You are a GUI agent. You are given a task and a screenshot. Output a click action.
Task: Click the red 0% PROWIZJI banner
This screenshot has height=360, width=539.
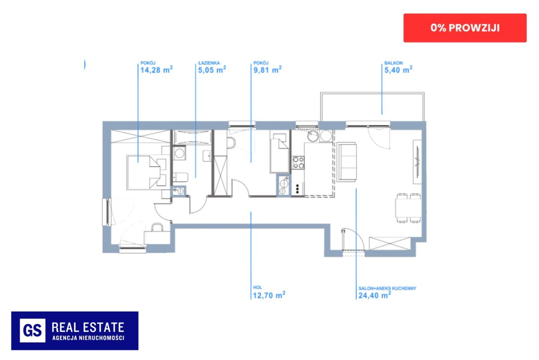[x=465, y=28]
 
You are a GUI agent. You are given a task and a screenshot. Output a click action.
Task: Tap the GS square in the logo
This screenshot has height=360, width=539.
[x=32, y=330]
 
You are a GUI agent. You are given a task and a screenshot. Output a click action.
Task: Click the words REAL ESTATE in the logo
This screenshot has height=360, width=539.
[x=88, y=328]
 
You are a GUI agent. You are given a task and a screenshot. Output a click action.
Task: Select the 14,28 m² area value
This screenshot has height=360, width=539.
[x=157, y=70]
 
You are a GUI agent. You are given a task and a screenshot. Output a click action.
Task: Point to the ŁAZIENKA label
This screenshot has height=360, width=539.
[x=209, y=63]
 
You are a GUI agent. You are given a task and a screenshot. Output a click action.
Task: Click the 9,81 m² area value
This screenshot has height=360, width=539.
[x=268, y=70]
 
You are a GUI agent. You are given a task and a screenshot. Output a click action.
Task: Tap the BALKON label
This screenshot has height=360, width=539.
[x=393, y=63]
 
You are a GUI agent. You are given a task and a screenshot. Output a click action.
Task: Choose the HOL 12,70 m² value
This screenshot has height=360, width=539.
[x=269, y=295]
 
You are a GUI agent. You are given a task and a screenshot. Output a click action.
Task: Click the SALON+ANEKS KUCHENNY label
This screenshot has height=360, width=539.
[x=387, y=288]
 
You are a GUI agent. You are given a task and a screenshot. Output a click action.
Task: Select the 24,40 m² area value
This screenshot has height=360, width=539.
[x=375, y=295]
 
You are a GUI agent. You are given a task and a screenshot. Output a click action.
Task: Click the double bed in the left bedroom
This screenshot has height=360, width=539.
[x=146, y=172]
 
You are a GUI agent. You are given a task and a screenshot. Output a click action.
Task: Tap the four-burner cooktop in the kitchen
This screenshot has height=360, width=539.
[x=298, y=163]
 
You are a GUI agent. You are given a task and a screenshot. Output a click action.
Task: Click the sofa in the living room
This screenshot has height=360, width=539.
[x=346, y=162]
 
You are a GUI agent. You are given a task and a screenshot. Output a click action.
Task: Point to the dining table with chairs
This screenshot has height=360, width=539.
[x=408, y=208]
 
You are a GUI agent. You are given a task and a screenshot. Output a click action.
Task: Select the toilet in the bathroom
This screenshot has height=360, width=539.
[x=181, y=177]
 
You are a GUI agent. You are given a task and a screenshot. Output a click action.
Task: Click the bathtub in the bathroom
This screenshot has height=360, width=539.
[x=193, y=137]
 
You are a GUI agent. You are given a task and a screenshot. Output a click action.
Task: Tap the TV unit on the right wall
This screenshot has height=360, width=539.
[x=417, y=162]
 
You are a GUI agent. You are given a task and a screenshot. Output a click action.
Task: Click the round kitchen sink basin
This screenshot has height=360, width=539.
[x=313, y=136]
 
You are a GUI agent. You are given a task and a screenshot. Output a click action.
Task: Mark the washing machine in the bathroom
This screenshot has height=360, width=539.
[x=180, y=153]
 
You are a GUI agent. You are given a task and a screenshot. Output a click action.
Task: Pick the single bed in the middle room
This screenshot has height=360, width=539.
[x=279, y=153]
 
